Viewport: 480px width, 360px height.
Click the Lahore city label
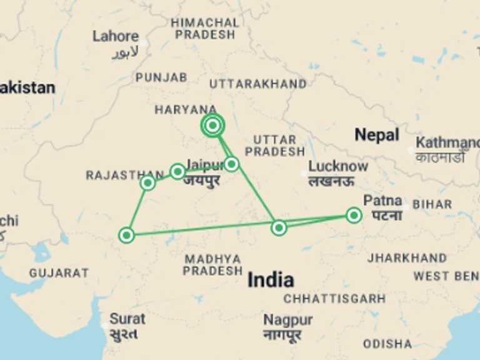click(116, 36)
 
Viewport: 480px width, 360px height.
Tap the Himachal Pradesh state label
click(205, 28)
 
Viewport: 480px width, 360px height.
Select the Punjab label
click(161, 77)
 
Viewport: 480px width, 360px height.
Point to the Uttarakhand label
click(257, 84)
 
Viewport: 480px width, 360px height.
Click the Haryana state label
click(186, 109)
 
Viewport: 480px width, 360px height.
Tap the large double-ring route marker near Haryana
click(213, 126)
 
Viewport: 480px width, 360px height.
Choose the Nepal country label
click(376, 134)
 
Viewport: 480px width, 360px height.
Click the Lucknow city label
click(337, 167)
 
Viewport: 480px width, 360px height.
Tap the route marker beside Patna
click(354, 216)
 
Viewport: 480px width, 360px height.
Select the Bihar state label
click(432, 204)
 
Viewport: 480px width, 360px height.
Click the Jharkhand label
click(407, 257)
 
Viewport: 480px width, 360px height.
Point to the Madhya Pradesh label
click(212, 264)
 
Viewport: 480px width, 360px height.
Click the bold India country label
click(271, 279)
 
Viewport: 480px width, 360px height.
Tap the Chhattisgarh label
click(334, 299)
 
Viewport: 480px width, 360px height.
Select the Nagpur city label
click(287, 320)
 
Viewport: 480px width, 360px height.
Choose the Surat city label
click(127, 319)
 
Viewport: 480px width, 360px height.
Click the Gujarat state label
click(59, 273)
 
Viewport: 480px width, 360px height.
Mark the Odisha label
click(387, 344)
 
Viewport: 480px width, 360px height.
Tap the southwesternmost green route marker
click(127, 235)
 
